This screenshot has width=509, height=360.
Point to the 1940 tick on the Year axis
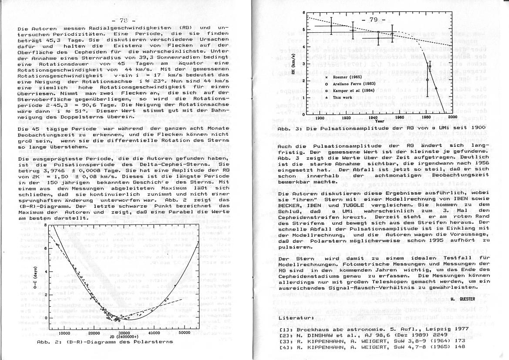(x=374, y=118)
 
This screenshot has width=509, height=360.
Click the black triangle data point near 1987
(x=436, y=88)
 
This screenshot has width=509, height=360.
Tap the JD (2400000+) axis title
(x=125, y=337)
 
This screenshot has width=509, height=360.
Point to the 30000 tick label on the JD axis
(x=124, y=332)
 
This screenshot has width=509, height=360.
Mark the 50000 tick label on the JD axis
(x=185, y=332)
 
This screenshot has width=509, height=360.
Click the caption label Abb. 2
(x=44, y=342)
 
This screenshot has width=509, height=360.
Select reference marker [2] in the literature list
(x=283, y=334)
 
